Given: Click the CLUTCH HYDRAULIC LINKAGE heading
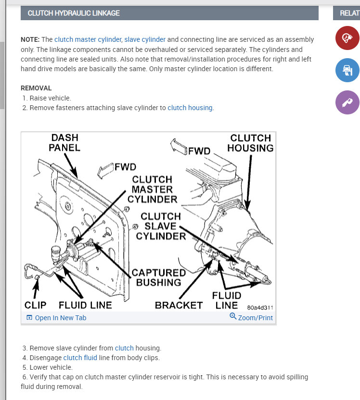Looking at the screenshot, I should pos(74,13).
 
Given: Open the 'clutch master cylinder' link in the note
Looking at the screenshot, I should pos(88,39).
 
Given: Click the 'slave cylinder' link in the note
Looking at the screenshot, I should pos(145,39).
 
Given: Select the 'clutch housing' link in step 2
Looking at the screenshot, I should pos(190,108).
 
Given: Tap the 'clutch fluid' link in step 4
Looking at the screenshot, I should pos(80,358).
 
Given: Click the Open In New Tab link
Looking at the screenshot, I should pos(56,318).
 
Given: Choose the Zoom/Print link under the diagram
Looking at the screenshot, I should pos(251,317).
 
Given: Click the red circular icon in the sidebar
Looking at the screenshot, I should pos(347,38).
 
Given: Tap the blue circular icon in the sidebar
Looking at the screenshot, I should pos(347,71).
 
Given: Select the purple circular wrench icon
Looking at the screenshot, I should pos(347,102).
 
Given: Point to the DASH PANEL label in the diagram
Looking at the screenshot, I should pos(64,142).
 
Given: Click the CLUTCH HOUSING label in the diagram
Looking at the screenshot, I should pos(250,143).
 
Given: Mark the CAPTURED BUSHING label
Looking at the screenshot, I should pos(158,277).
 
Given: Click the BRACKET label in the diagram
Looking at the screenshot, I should pos(179,305).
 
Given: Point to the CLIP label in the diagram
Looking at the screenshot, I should pos(35,305).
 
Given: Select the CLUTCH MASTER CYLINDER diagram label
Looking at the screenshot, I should pos(152,189).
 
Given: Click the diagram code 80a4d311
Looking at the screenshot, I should pos(260,307).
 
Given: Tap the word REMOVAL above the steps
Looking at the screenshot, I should pos(36,88).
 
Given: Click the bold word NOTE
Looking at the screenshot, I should pos(30,39).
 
